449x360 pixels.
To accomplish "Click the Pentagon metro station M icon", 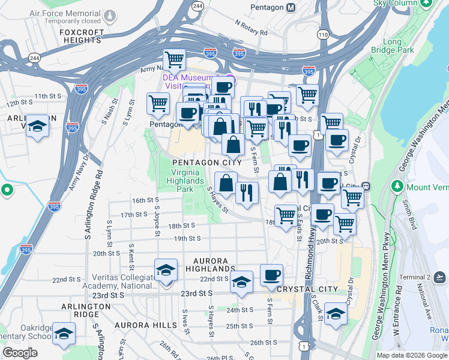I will (291, 7).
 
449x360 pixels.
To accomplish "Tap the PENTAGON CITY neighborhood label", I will (207, 163).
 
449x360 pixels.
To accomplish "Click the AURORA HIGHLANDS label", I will (210, 266).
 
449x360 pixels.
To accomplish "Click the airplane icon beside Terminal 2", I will (439, 277).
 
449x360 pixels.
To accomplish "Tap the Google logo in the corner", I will (20, 353).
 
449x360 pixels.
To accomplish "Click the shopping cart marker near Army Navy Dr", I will (175, 59).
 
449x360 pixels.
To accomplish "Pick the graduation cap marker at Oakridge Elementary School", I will (63, 334).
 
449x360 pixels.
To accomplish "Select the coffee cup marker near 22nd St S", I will (271, 275).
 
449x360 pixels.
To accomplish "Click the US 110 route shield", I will (324, 35).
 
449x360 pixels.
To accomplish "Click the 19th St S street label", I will (187, 238).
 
